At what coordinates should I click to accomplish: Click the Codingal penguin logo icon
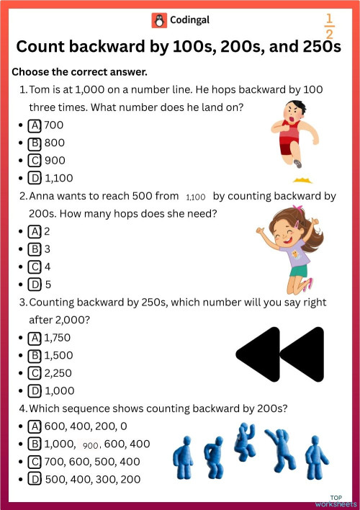tap(158, 20)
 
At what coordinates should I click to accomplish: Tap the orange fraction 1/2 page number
tap(330, 26)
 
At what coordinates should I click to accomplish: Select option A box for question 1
tap(34, 125)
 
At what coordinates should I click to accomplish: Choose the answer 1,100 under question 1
tap(58, 178)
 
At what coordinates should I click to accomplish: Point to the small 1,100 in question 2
tap(196, 197)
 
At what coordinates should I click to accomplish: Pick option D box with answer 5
tap(34, 285)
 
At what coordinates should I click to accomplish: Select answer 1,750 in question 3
tap(58, 337)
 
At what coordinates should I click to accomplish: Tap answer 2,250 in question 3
tap(58, 373)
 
